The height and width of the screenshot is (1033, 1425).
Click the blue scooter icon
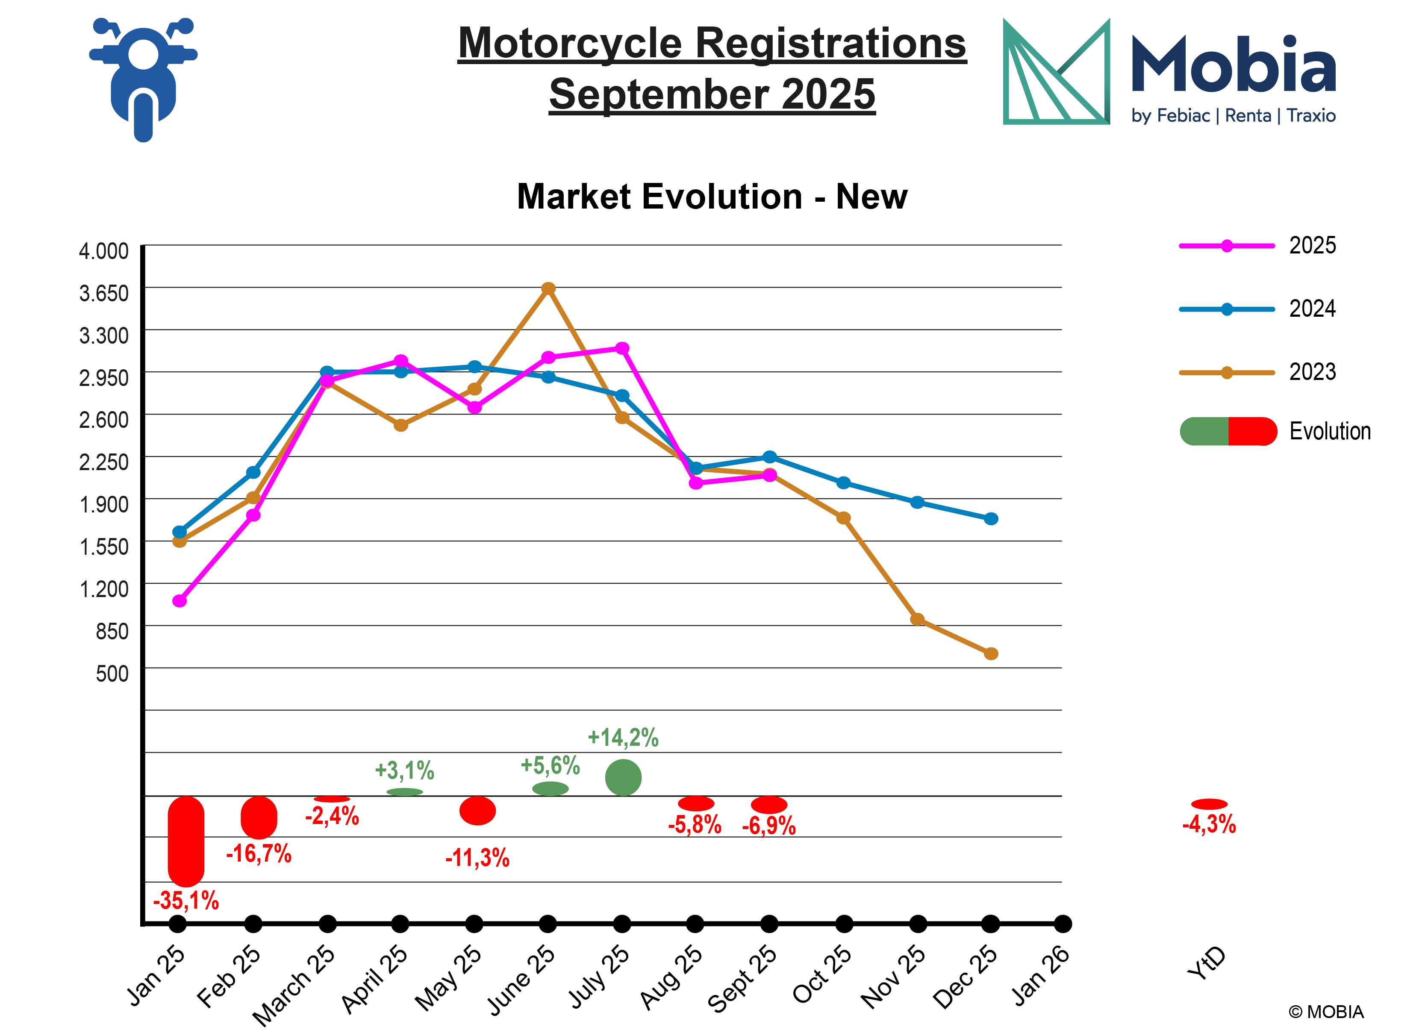143,79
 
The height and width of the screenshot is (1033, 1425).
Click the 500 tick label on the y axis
112,674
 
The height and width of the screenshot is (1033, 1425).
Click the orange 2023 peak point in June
548,288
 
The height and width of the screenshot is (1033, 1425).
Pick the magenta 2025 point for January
179,601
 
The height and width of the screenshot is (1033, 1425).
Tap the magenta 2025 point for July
622,348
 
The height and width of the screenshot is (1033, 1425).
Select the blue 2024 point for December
991,518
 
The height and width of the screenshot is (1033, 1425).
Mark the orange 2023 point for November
917,619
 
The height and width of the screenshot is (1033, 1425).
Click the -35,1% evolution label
186,901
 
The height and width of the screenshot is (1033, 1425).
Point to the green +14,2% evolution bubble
623,777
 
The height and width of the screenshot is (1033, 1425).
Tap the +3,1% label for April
405,770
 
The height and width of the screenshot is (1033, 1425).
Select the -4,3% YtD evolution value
1208,824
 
